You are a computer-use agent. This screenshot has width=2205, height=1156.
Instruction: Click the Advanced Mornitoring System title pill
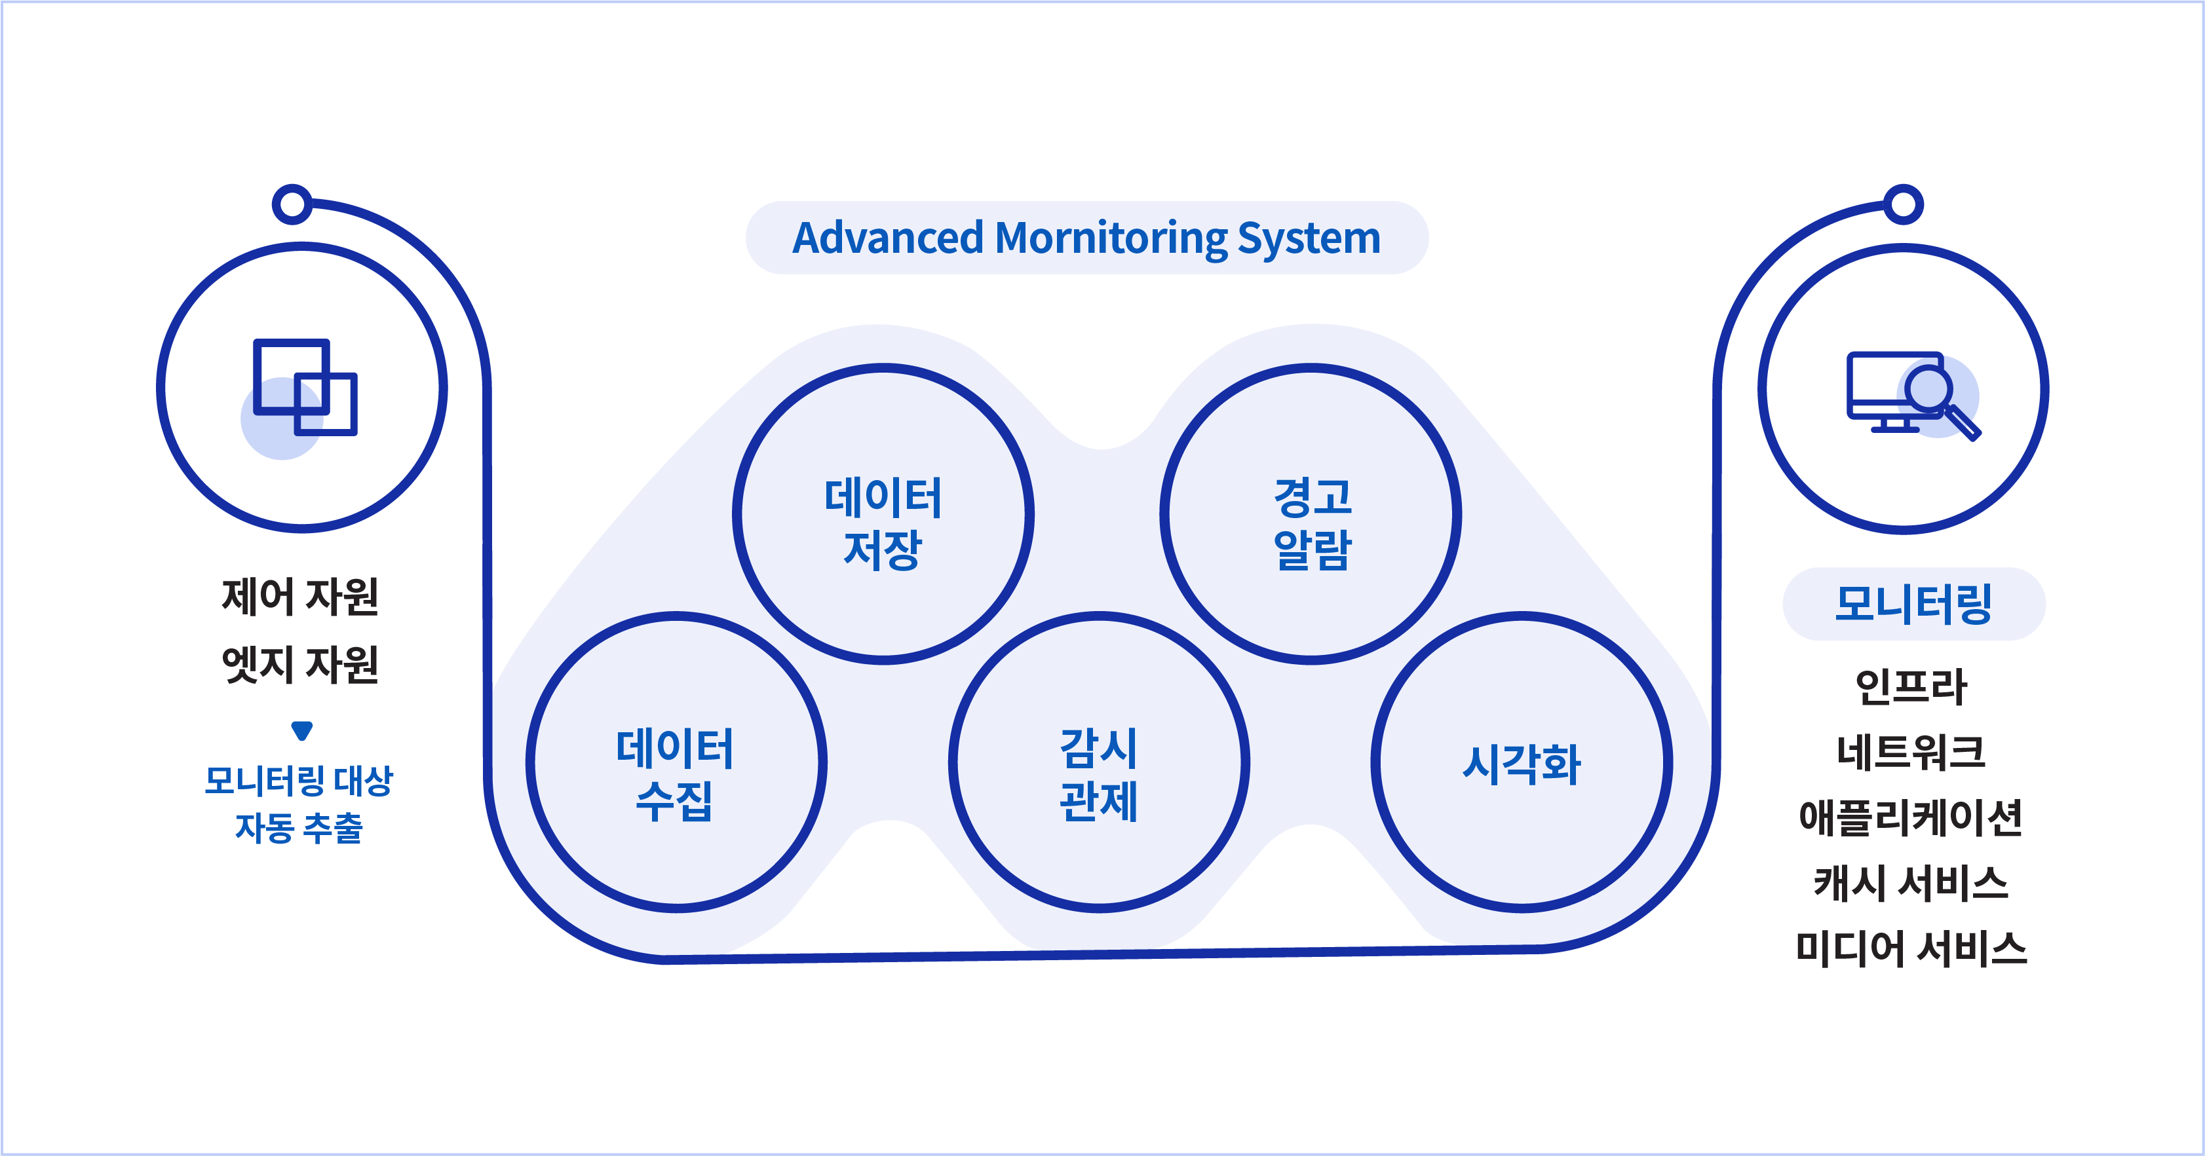click(1086, 238)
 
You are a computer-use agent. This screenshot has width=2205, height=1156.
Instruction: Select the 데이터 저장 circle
click(883, 514)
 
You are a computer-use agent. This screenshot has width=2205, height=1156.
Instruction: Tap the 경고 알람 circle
click(1311, 514)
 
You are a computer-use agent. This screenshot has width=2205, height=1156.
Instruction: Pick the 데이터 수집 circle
click(676, 762)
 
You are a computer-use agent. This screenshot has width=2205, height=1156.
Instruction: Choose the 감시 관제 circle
click(1099, 762)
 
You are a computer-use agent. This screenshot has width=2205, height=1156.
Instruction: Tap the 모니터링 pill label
click(1913, 604)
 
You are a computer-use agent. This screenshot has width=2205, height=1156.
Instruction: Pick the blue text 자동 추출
click(299, 827)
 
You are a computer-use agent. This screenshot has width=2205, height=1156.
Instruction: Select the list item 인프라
click(1911, 686)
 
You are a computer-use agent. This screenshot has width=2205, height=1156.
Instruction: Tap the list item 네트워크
click(1911, 752)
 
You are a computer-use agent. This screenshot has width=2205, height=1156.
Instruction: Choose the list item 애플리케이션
click(1911, 817)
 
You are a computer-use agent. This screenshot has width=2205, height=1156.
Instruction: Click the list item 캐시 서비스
click(1911, 883)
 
